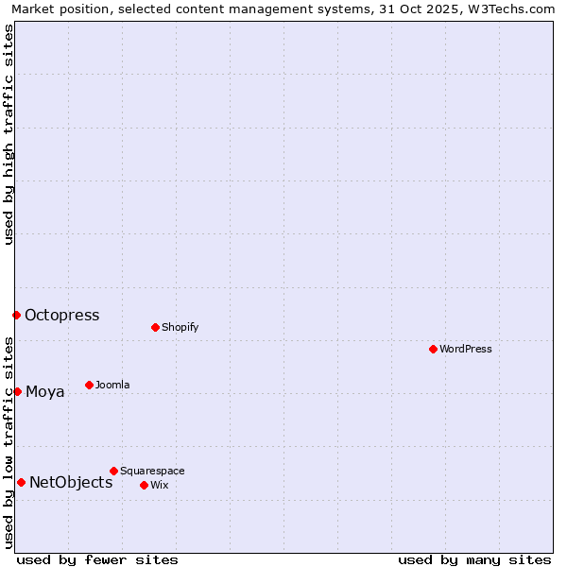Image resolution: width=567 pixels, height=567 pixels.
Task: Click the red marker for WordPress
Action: click(433, 349)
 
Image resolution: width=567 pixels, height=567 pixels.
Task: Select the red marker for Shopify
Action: click(155, 327)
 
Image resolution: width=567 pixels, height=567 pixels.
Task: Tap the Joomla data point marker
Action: click(89, 385)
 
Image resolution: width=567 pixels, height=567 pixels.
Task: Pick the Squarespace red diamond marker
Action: click(113, 471)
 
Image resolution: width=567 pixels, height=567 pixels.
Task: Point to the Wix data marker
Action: click(144, 485)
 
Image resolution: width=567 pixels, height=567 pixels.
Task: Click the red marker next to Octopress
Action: click(16, 315)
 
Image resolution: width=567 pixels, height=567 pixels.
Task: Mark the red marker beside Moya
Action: click(17, 391)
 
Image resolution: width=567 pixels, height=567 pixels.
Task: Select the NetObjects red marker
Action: click(21, 482)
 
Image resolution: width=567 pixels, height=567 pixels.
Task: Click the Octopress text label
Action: click(62, 316)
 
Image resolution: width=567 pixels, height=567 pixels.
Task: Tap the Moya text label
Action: click(45, 392)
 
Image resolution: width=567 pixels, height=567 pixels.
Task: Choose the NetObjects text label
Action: click(71, 483)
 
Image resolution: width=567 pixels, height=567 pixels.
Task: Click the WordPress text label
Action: click(466, 350)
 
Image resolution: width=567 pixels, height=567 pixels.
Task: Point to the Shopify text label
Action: click(180, 328)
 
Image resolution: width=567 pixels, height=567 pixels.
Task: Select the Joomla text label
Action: click(113, 386)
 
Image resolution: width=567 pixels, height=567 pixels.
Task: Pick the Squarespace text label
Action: click(153, 472)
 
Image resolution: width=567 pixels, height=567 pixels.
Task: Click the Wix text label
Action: click(160, 486)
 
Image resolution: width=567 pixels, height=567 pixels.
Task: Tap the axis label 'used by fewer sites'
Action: click(97, 560)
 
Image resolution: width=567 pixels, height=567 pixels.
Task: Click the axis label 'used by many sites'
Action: click(474, 560)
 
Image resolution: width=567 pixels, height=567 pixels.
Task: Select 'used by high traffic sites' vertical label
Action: click(9, 134)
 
